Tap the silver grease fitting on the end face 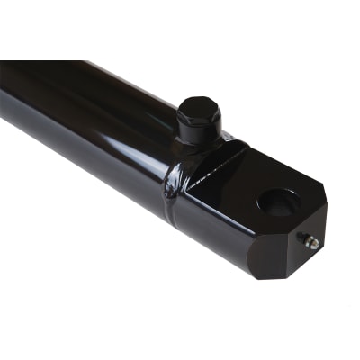pyautogui.click(x=310, y=241)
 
